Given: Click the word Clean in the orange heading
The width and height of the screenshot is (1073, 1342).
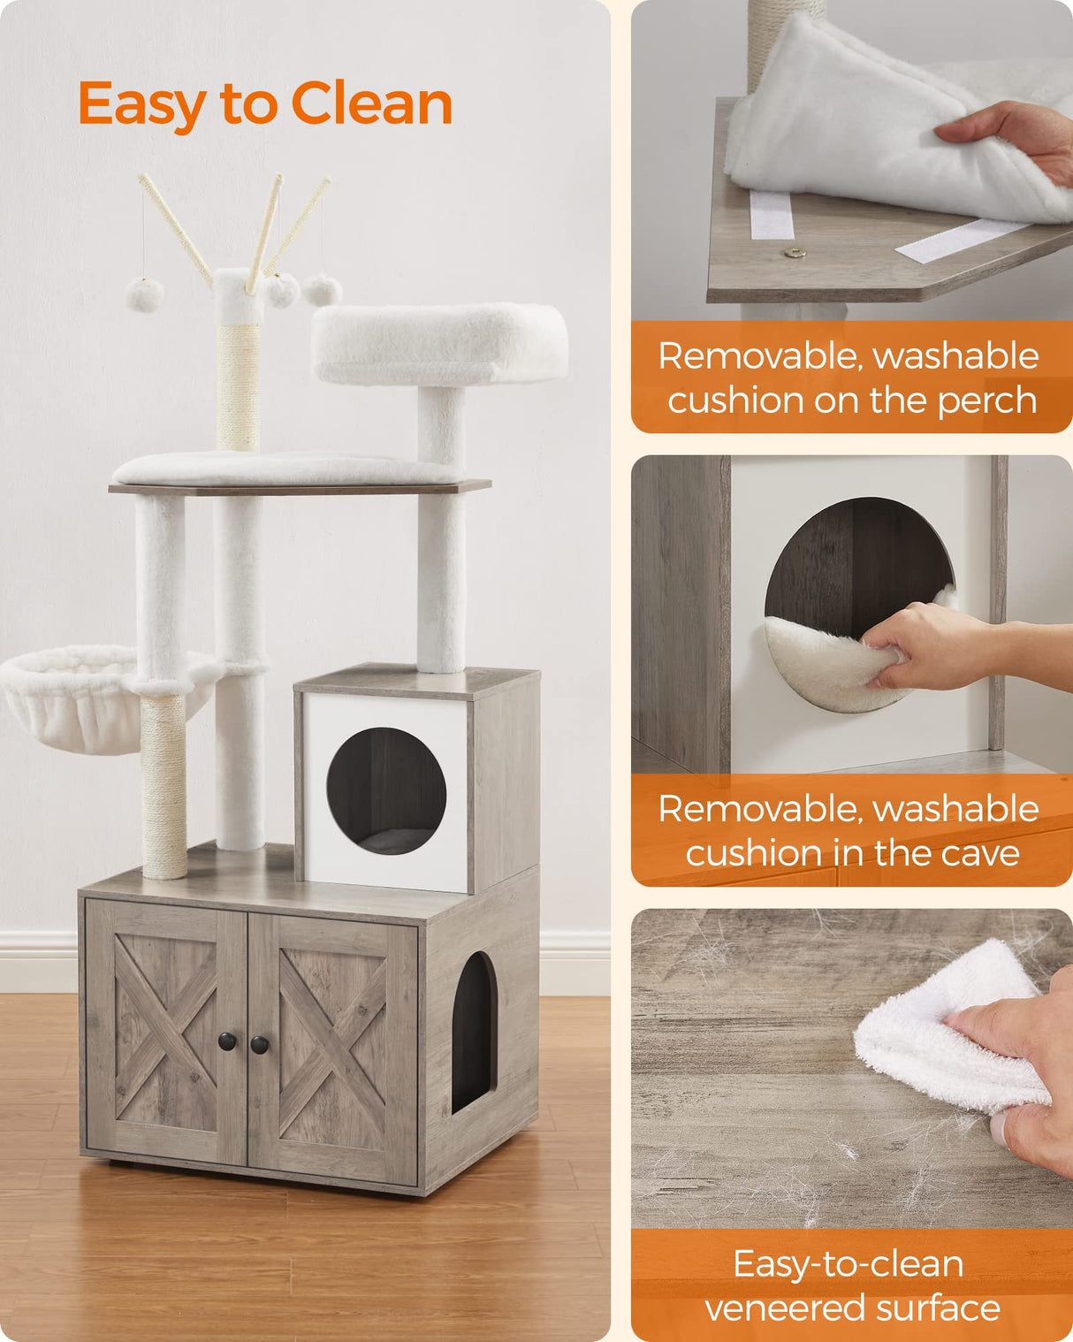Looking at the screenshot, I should click(371, 103).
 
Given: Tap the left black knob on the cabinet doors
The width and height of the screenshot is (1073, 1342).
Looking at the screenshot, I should click(228, 1041).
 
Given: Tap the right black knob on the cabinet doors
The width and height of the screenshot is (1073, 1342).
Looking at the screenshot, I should click(259, 1045).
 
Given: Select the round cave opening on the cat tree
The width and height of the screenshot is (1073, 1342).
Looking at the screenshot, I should click(386, 791).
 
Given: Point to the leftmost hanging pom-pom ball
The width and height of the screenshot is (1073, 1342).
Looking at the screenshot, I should click(144, 294).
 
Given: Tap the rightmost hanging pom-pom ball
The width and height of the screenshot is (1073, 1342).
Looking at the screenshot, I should click(323, 289).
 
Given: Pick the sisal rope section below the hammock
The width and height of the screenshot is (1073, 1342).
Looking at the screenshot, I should click(164, 787).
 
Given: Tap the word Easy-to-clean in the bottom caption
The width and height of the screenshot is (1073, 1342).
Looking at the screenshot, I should click(848, 1263).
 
